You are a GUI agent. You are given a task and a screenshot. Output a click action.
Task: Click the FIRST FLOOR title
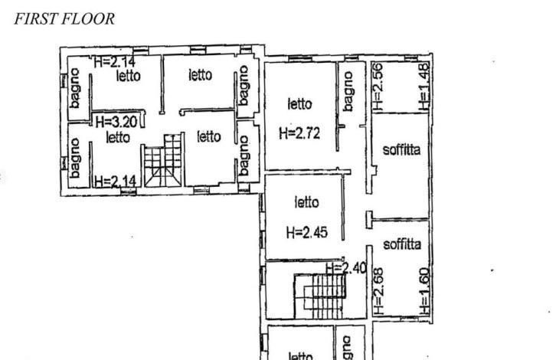point(64,19)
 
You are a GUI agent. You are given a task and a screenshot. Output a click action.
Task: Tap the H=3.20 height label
point(116,122)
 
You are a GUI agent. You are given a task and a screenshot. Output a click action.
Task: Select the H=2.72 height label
point(299,133)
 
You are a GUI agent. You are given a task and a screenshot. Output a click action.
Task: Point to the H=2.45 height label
point(307,233)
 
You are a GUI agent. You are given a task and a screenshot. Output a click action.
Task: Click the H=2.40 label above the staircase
point(346,268)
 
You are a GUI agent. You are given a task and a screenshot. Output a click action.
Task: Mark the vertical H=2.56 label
point(378,87)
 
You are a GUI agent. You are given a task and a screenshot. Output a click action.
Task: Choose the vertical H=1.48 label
point(424,87)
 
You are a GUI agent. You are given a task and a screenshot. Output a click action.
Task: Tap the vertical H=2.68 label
point(378,291)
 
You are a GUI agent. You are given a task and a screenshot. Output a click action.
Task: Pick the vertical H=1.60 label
point(424,291)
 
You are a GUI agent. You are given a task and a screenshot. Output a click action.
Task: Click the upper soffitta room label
point(402,149)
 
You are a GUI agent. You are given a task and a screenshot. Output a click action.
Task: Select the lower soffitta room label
point(402,244)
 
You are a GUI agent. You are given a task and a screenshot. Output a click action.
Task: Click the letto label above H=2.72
point(299,104)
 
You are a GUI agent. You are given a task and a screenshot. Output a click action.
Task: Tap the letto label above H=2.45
point(307,202)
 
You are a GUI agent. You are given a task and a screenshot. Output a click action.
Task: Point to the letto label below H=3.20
point(118,137)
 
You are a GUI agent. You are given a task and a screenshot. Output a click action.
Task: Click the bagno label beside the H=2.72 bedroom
point(348,91)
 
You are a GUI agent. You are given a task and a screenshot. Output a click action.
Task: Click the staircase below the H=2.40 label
point(319,296)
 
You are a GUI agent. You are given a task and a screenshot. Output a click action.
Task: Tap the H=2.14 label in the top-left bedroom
point(115,62)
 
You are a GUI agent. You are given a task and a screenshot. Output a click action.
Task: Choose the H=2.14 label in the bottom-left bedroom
point(116,182)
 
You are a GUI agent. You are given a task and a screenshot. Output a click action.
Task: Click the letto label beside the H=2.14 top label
point(129,76)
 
